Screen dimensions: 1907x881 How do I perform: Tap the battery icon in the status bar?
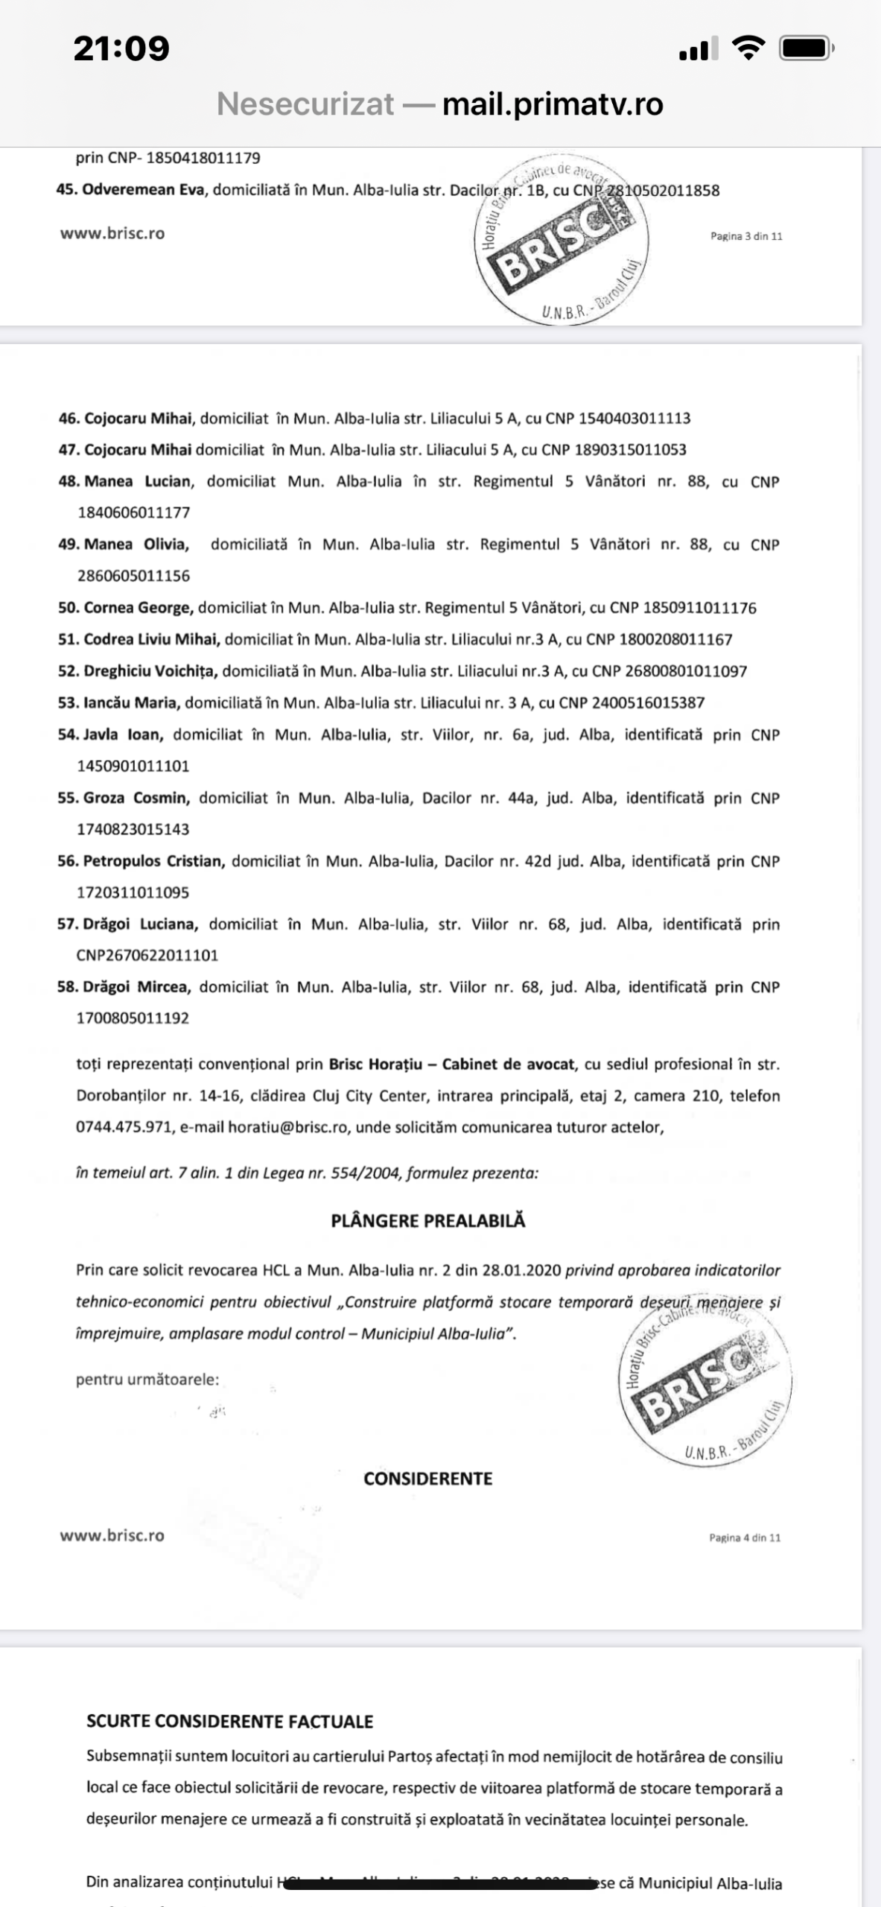[x=806, y=49]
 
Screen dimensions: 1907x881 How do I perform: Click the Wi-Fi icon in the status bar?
[x=748, y=48]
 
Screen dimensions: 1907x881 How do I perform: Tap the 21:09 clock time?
[x=121, y=48]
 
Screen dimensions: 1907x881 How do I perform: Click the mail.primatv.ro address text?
[x=553, y=104]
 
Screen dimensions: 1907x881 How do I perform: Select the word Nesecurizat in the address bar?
[x=305, y=104]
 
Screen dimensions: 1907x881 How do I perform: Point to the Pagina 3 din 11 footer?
[x=746, y=236]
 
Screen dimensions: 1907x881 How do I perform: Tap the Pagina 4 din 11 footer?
[x=745, y=1538]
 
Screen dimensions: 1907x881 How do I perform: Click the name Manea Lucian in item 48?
[x=138, y=481]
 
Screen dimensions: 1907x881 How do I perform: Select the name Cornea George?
[x=139, y=608]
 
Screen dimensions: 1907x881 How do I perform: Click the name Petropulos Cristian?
[x=153, y=861]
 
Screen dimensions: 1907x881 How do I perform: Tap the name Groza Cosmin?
[x=136, y=798]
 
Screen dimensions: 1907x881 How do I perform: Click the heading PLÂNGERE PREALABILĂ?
[x=428, y=1221]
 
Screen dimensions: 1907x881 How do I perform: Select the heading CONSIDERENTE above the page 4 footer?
[x=428, y=1479]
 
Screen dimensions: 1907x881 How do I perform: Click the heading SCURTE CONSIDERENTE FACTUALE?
[x=229, y=1722]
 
